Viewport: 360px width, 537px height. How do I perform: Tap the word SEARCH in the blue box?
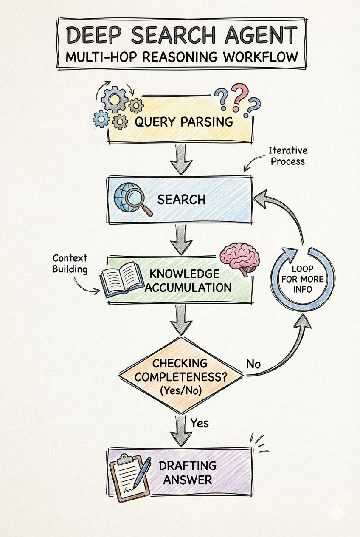[x=181, y=199]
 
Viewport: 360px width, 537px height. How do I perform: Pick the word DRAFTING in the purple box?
[x=187, y=465]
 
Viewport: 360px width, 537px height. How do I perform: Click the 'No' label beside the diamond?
[x=253, y=365]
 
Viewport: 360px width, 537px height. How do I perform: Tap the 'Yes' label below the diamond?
[x=199, y=423]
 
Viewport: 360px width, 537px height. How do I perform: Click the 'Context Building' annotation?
[x=70, y=263]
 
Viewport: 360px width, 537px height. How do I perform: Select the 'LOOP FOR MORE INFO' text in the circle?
[x=302, y=279]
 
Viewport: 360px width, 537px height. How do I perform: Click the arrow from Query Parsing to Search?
[x=181, y=159]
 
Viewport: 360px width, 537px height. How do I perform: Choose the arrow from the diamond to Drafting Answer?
[x=181, y=429]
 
